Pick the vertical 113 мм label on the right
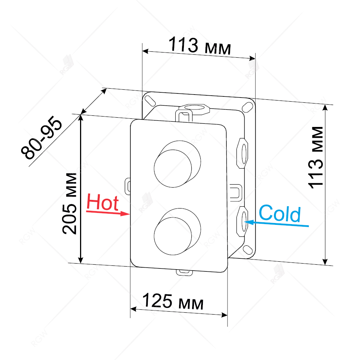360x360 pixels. [x=317, y=158]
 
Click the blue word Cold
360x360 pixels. [x=279, y=214]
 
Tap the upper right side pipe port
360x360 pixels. [x=243, y=151]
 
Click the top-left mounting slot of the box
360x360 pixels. [x=150, y=100]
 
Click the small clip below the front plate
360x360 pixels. [x=184, y=272]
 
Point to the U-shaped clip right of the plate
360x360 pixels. [x=236, y=191]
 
